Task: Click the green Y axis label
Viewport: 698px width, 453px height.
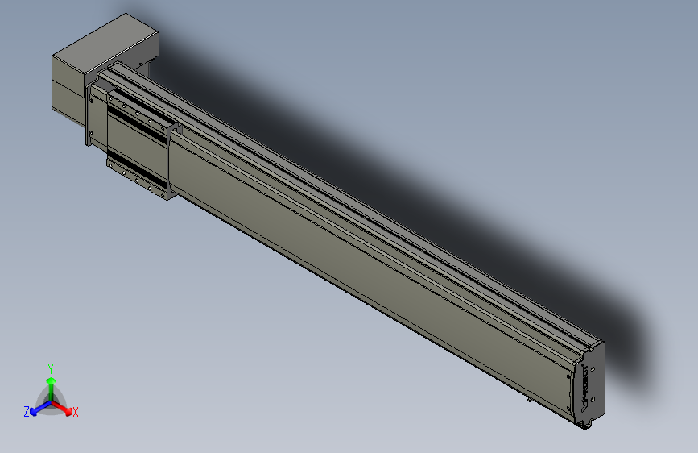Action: coord(51,368)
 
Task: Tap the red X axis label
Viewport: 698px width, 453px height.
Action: coord(75,412)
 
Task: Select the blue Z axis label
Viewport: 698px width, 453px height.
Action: coord(27,412)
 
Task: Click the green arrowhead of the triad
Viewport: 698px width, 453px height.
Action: coord(52,381)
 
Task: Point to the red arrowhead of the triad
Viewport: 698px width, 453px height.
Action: coord(68,411)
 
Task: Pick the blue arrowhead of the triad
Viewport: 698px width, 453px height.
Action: coord(34,412)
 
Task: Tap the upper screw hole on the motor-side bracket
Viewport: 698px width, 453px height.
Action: coord(92,102)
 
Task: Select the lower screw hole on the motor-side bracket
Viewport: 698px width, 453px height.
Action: coord(92,133)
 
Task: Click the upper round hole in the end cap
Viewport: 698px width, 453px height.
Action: coord(593,368)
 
